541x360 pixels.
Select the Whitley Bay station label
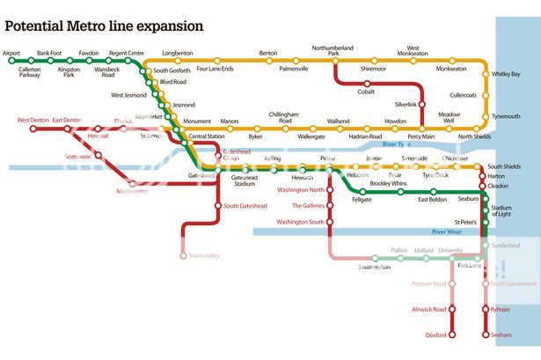pyautogui.click(x=506, y=74)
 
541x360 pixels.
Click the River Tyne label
pyautogui.click(x=397, y=143)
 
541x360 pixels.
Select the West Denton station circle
pyautogui.click(x=34, y=129)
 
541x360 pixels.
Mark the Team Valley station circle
pyautogui.click(x=184, y=256)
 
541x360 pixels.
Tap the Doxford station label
pyautogui.click(x=436, y=334)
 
